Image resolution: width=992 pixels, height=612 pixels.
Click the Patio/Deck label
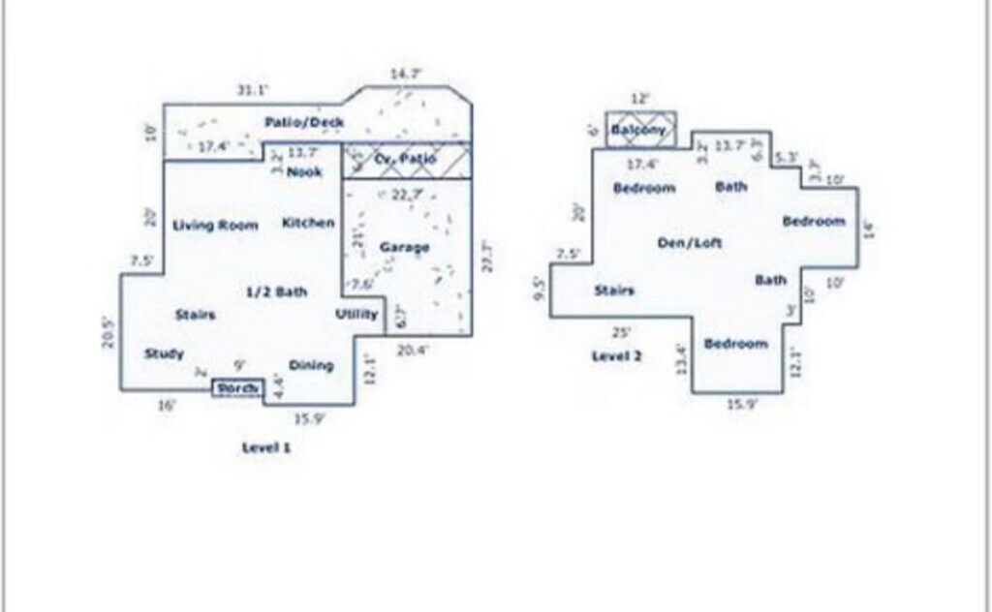pos(304,123)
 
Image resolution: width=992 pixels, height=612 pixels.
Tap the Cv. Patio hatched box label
pos(406,159)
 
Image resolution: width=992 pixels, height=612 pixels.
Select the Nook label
pos(304,172)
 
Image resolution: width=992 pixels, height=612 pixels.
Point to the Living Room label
pos(215,226)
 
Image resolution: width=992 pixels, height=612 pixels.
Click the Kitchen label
pos(308,224)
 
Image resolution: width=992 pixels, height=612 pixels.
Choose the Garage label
pos(404,248)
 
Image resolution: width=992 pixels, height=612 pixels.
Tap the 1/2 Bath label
pos(276,291)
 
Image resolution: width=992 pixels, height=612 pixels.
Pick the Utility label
pos(356,315)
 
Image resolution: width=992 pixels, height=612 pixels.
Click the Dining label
pos(311,365)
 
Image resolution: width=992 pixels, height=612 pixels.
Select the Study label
pos(164,354)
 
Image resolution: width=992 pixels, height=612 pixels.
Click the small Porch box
pos(237,388)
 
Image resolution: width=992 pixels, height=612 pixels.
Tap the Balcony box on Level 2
pos(639,130)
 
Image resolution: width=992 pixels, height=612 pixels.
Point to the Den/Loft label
pos(690,243)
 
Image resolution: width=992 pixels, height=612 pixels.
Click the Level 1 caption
pos(265,447)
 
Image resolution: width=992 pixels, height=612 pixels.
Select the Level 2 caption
pos(617,356)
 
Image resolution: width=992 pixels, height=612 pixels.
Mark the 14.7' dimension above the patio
pos(406,74)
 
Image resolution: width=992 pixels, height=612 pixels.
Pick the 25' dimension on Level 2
pos(622,331)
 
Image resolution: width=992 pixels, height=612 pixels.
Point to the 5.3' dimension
pos(788,157)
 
